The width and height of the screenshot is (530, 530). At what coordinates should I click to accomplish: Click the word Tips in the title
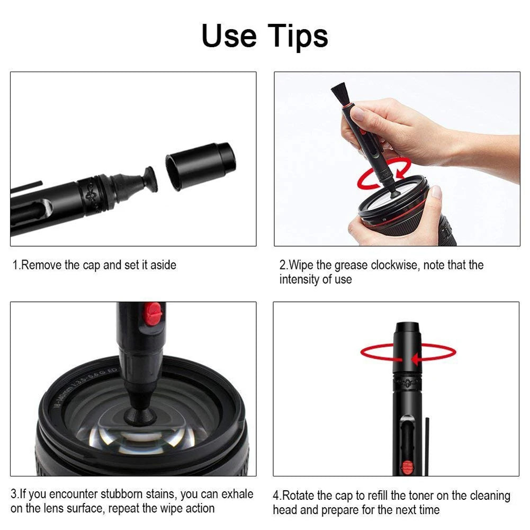[x=298, y=36]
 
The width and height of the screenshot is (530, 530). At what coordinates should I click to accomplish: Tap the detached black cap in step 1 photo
[x=201, y=165]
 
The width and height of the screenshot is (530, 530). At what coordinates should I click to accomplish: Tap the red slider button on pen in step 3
[x=154, y=314]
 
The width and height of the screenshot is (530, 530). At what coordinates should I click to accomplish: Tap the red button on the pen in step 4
[x=407, y=466]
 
